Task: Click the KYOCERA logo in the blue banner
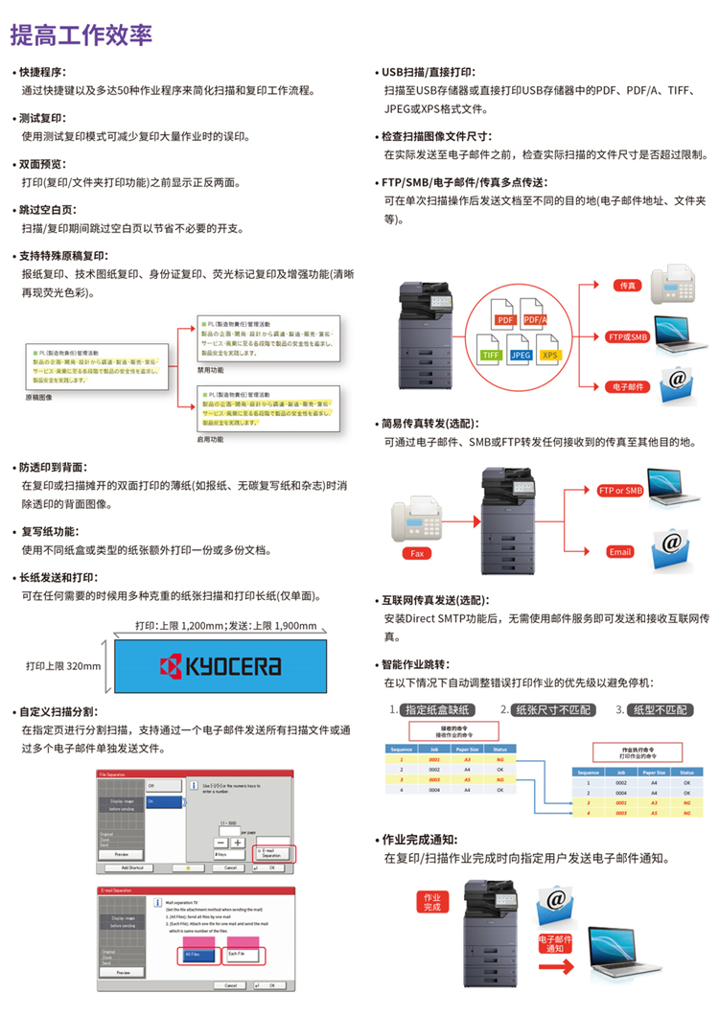tap(220, 665)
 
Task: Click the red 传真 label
tap(628, 285)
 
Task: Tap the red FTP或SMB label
tap(628, 336)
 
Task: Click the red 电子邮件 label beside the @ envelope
tap(628, 387)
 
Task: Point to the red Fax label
tap(416, 553)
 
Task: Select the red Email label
tap(620, 551)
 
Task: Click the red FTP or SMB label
tap(620, 491)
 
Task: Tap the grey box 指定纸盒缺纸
tap(437, 710)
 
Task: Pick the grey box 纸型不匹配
tap(660, 710)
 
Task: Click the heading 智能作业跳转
tap(414, 664)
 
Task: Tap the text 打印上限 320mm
tap(63, 665)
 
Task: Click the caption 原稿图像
tap(40, 395)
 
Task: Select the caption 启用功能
tap(210, 439)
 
